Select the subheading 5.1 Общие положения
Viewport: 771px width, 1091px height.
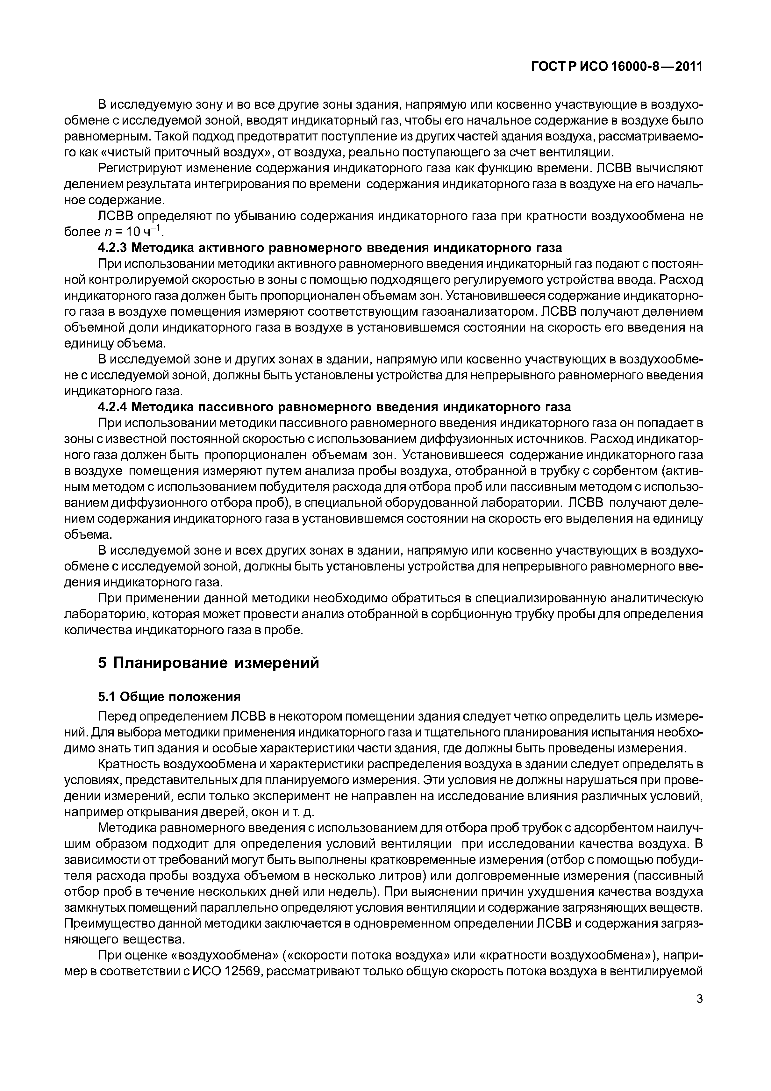tap(169, 697)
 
